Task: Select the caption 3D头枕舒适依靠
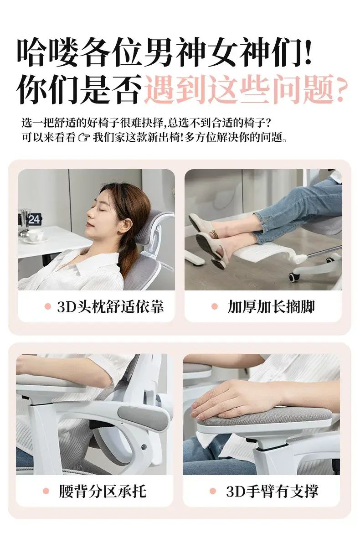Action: pos(110,306)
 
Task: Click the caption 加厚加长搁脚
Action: pos(271,306)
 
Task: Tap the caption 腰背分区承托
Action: pos(103,491)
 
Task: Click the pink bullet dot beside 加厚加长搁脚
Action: pos(214,306)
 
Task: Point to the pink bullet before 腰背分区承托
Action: pos(46,491)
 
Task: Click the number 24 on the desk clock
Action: pos(34,219)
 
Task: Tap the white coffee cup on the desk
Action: pos(35,235)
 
